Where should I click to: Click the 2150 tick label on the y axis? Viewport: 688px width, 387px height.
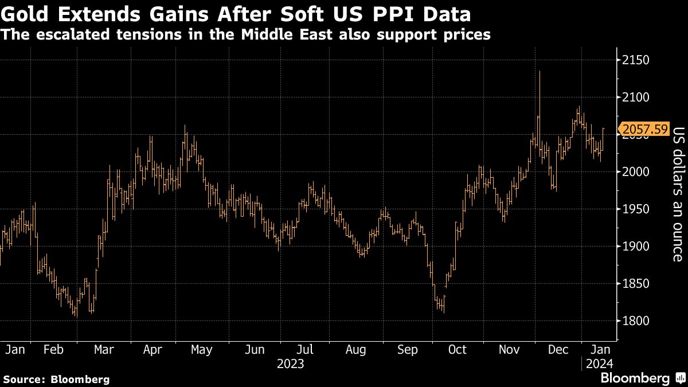636,60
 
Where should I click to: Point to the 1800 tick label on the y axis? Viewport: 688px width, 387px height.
636,321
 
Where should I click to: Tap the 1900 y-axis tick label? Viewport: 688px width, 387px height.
636,247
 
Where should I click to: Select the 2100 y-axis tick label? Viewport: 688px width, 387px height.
636,97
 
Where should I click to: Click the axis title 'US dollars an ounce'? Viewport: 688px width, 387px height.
678,194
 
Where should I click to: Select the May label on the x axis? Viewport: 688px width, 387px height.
201,350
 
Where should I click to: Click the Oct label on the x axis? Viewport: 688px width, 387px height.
458,350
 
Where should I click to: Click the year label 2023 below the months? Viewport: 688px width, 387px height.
290,363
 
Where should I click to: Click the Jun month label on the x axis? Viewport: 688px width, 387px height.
254,350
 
